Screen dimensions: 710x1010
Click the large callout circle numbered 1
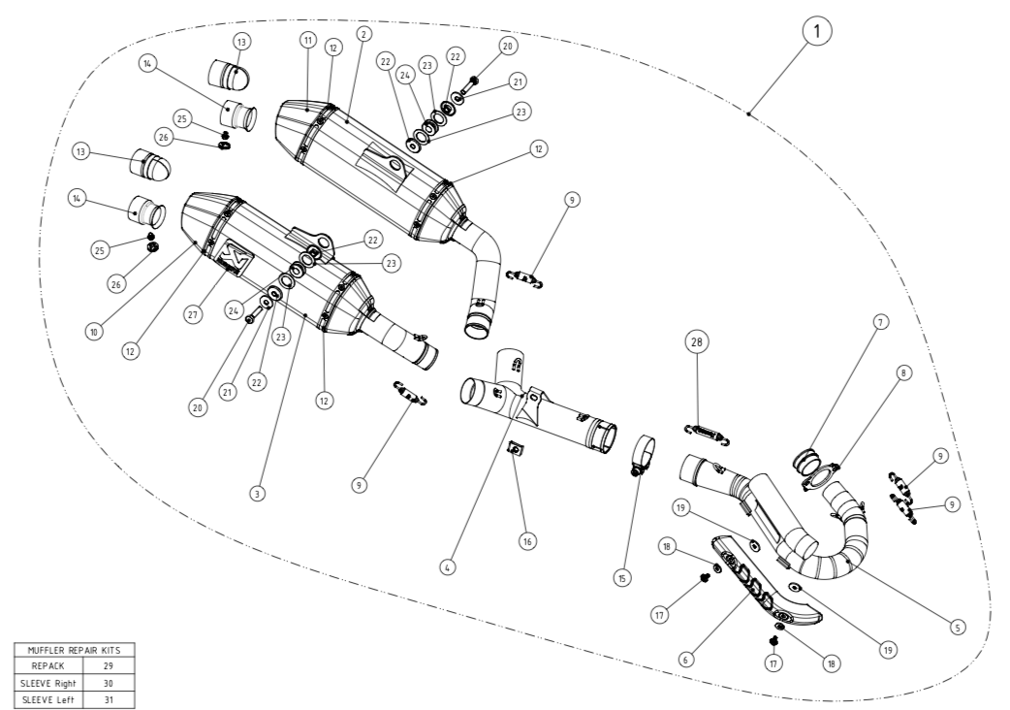818,32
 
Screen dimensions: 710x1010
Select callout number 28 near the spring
698,341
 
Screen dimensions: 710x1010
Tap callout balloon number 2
363,33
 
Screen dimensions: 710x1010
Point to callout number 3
257,494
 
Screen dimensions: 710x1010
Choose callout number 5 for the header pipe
957,628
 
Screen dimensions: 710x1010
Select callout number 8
904,372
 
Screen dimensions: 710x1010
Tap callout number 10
94,332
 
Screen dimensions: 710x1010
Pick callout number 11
308,40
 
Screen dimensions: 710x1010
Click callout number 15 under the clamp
622,577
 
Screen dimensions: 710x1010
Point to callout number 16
527,540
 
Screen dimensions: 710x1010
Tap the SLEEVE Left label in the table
43,697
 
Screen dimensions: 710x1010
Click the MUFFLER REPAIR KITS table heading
73,652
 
